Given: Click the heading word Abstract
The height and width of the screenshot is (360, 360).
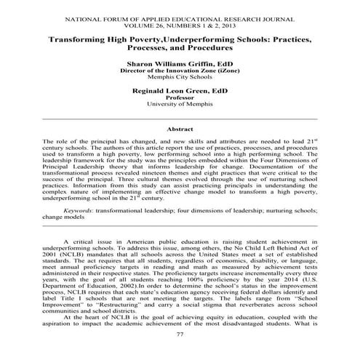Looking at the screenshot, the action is coord(180,128).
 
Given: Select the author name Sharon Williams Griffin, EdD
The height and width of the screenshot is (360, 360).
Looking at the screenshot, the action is coord(180,64).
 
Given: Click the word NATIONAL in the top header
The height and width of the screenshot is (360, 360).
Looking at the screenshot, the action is coord(84,14).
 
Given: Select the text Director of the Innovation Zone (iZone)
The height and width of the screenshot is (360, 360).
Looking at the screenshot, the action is coord(180,71).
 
